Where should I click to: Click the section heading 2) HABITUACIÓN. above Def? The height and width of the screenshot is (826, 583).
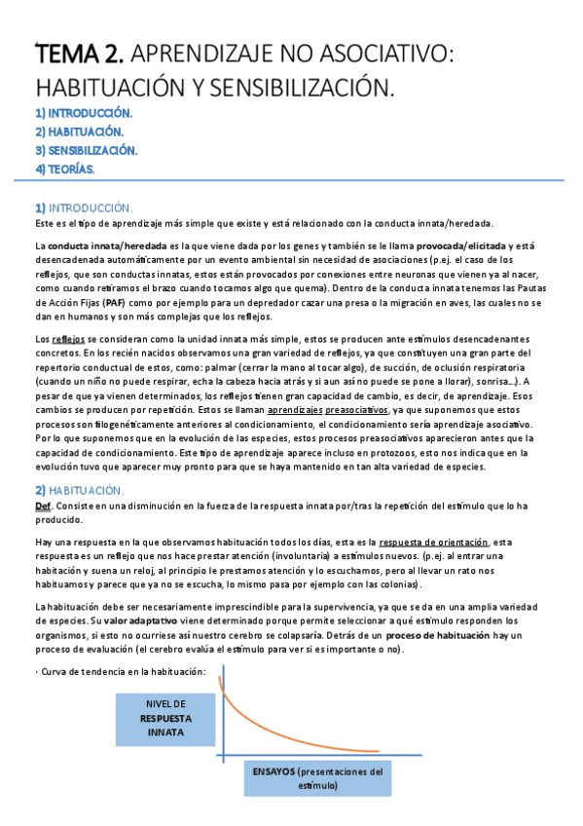(x=79, y=489)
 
